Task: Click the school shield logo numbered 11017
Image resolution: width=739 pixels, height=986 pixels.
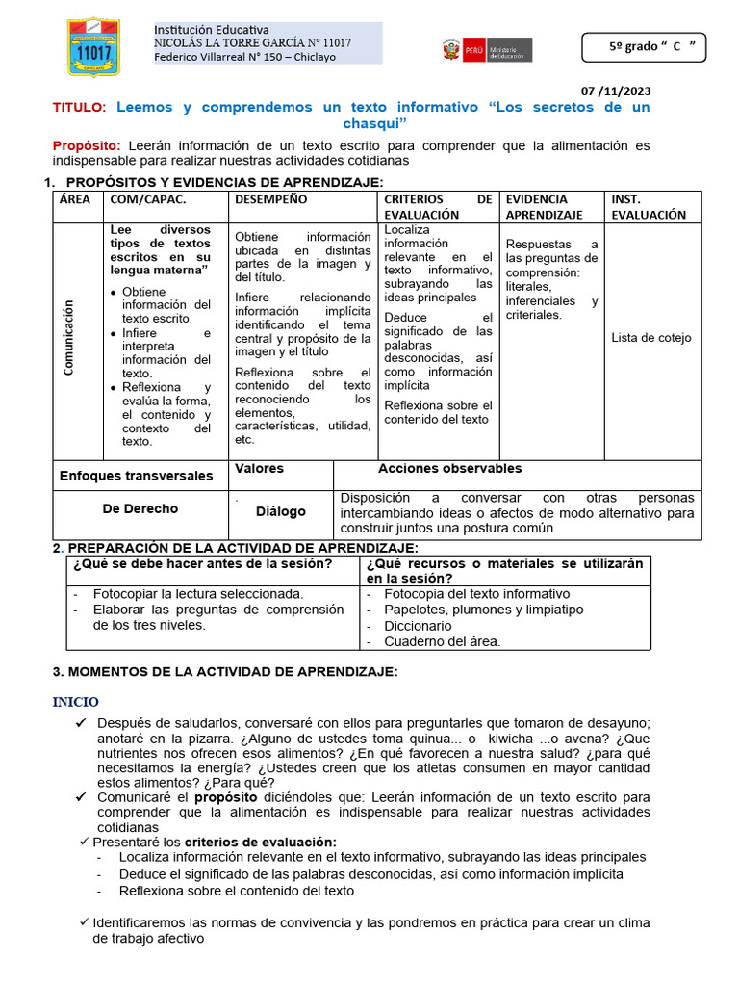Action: pos(93,46)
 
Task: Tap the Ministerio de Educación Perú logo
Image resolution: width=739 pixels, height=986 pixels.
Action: pos(486,50)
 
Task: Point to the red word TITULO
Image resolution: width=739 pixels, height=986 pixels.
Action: pos(81,107)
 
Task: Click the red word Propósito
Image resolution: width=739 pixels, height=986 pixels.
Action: pos(87,145)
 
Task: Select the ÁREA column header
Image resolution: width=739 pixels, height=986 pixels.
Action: pos(75,199)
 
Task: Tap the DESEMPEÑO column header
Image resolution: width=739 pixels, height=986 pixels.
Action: pos(270,199)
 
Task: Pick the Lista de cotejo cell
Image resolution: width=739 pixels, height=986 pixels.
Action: pos(650,338)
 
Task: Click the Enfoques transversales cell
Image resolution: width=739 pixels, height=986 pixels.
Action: pos(136,476)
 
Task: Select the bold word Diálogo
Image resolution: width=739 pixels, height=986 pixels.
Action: pos(280,512)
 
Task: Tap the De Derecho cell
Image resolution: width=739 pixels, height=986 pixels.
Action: pos(140,508)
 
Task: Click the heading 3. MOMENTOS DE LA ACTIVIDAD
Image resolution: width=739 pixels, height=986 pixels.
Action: pos(223,671)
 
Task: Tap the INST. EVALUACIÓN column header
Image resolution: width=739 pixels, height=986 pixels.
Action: pos(649,207)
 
